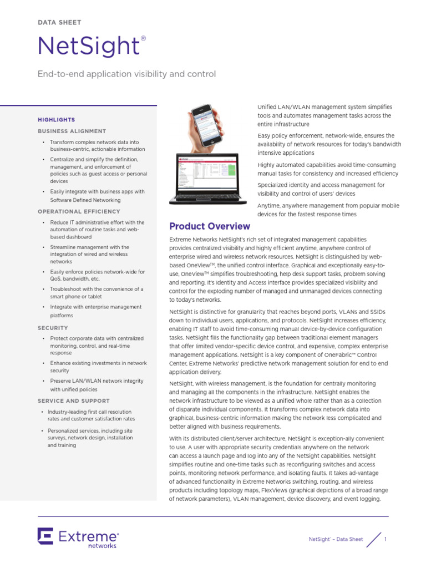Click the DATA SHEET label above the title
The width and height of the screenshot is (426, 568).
coord(59,23)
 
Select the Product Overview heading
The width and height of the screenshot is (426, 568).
coord(209,226)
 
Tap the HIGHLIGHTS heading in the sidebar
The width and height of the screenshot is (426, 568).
coord(56,119)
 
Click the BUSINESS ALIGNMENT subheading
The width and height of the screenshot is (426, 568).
coord(72,131)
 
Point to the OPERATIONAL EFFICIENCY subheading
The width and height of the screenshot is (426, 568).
coord(79,211)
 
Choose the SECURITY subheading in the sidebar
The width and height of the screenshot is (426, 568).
coord(53,328)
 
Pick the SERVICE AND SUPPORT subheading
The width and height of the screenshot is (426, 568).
coord(73,400)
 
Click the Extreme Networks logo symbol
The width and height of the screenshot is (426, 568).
coord(45,536)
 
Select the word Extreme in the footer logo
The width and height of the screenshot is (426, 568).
coord(88,536)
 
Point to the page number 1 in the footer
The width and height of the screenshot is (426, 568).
coord(385,539)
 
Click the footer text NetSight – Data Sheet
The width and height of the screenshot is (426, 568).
coord(336,539)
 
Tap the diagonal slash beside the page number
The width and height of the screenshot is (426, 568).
coord(374,540)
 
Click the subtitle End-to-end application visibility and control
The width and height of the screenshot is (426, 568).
coord(126,74)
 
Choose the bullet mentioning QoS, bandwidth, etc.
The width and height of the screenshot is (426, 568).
coord(97,275)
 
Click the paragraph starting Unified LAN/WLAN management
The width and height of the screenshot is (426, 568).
coord(324,115)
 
